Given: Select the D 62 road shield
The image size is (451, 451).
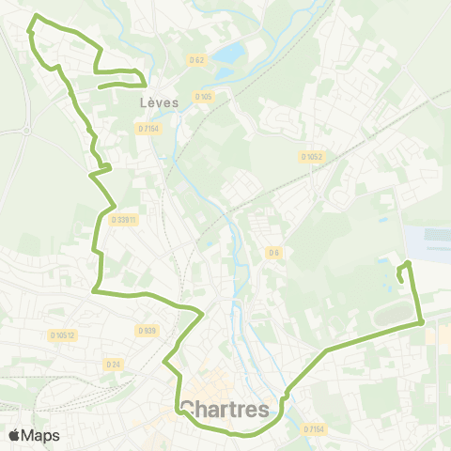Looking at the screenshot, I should point(196,60).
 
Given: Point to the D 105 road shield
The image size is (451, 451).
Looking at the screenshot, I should point(203,96).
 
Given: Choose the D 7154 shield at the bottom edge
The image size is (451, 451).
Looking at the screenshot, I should point(314,429).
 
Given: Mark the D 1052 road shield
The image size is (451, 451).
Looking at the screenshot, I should point(312,157).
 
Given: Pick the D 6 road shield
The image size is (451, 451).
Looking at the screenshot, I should point(273,252).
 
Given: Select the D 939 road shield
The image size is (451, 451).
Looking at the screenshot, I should point(146,331).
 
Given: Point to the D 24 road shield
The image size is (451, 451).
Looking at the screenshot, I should point(114,364).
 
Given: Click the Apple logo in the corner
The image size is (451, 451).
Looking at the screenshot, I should point(15,435).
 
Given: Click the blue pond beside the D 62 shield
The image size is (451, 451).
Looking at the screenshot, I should point(225,54).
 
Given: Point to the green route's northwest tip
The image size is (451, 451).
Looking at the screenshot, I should point(36,16).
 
